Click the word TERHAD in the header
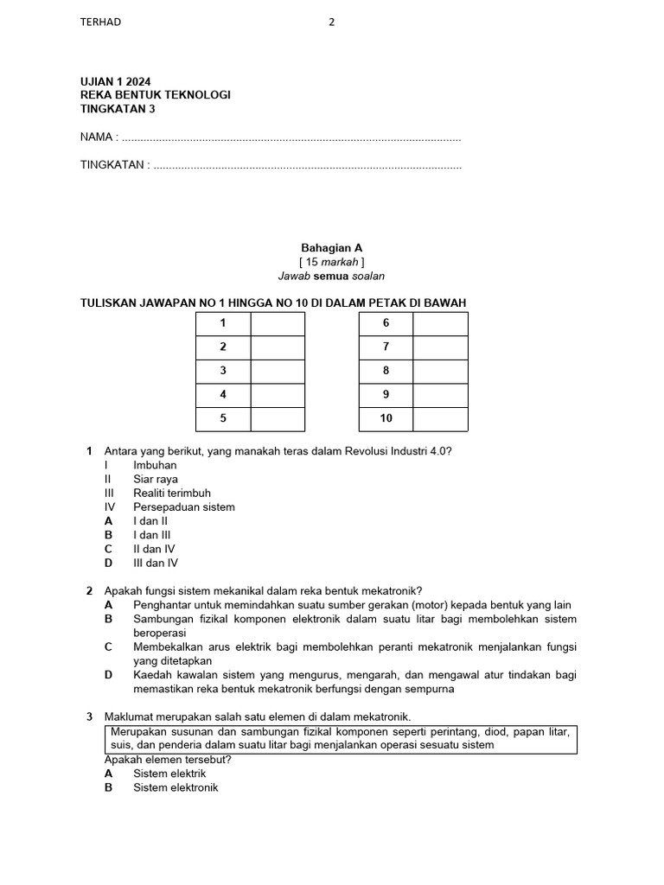click(100, 22)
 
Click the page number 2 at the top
click(331, 22)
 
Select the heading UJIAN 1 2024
click(115, 81)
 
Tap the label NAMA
click(98, 137)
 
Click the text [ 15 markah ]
click(331, 262)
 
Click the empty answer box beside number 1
click(278, 324)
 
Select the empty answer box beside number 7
click(440, 347)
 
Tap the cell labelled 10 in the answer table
click(386, 418)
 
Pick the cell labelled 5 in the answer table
click(223, 418)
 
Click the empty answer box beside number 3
click(278, 372)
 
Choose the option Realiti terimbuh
click(171, 493)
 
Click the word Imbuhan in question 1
click(155, 465)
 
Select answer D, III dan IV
click(156, 563)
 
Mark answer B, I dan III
click(152, 535)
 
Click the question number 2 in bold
click(89, 591)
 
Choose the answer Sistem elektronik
click(176, 787)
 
